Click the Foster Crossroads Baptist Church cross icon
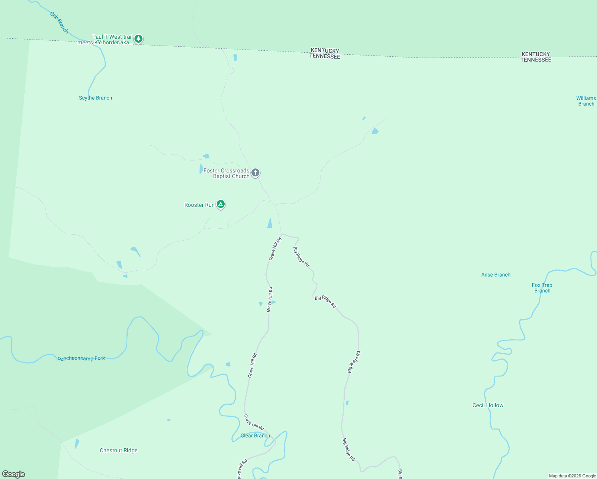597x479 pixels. click(x=255, y=173)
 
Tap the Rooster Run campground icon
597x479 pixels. click(x=221, y=204)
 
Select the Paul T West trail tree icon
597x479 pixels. click(x=138, y=39)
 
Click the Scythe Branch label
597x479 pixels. click(x=95, y=98)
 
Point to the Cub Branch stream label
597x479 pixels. click(x=59, y=22)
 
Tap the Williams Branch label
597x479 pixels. click(x=586, y=101)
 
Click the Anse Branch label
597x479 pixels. click(x=496, y=275)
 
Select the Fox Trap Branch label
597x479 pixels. click(x=542, y=288)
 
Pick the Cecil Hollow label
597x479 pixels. click(x=488, y=405)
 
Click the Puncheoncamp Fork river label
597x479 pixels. click(x=81, y=358)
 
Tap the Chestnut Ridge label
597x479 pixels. click(x=119, y=450)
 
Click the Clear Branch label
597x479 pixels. click(x=255, y=435)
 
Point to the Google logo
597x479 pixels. click(x=14, y=474)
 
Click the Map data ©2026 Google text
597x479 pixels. click(x=572, y=476)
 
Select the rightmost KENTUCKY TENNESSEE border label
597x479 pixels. click(x=536, y=57)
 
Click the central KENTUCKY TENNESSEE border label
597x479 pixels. click(x=325, y=53)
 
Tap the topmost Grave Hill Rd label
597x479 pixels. click(x=275, y=249)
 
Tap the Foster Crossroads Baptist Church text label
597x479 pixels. click(x=227, y=173)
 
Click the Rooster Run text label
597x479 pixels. click(x=199, y=205)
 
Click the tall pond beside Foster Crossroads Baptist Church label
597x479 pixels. click(x=201, y=169)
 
